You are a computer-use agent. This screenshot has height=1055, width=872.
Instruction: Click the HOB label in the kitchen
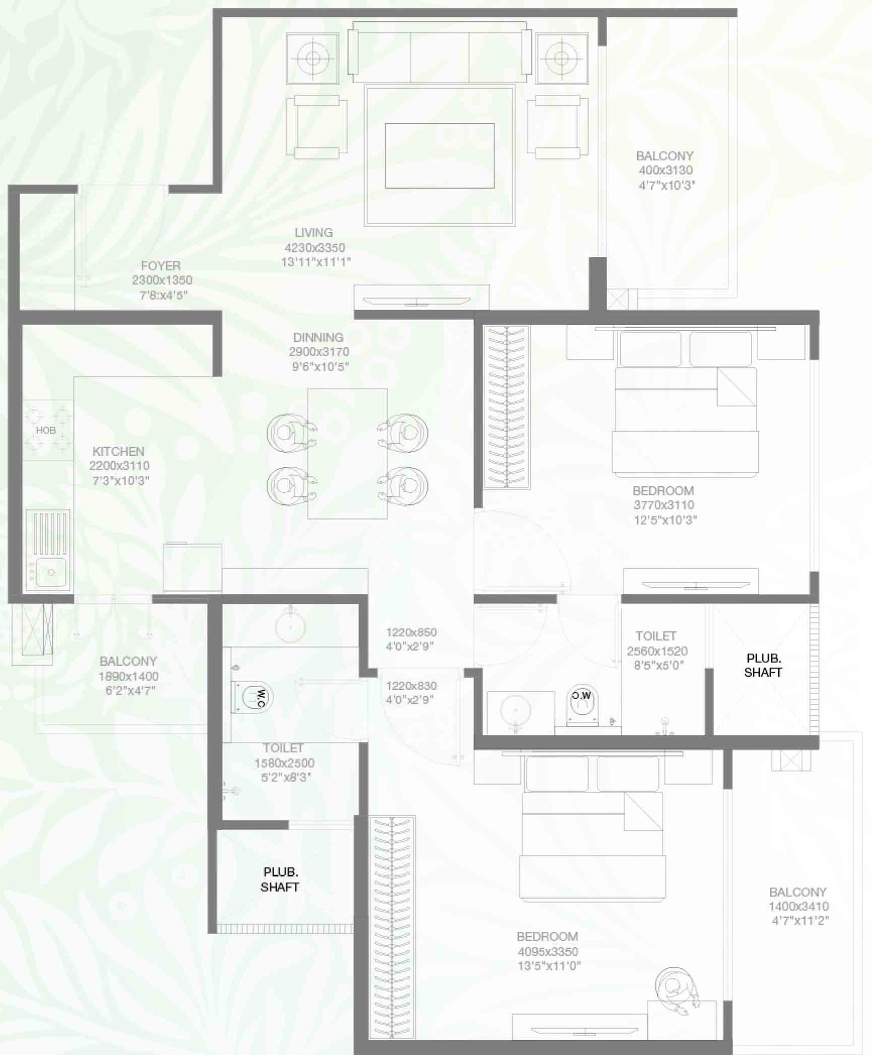click(46, 430)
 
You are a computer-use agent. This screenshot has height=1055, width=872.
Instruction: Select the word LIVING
click(313, 233)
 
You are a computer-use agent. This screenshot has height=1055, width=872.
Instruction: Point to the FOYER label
click(161, 266)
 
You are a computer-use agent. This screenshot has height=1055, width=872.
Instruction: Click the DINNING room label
click(318, 337)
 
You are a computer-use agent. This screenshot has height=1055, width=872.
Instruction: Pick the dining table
click(347, 454)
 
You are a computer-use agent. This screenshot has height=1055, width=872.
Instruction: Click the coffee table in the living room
click(440, 156)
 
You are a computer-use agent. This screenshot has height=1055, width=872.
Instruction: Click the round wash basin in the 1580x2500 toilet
click(290, 625)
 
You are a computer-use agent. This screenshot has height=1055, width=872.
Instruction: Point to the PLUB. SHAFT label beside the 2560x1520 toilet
click(763, 665)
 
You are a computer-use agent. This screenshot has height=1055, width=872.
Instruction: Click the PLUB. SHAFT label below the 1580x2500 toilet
click(280, 879)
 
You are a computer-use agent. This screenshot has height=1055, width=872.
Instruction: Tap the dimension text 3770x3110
click(664, 505)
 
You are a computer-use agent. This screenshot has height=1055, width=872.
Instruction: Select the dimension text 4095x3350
click(548, 951)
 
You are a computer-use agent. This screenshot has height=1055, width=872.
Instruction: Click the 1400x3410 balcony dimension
click(798, 906)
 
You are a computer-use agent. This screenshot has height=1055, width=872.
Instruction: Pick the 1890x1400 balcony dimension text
click(129, 676)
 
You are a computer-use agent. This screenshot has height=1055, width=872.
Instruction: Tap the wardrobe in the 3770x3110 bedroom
click(507, 407)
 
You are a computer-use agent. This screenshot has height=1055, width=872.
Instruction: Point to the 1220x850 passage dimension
click(411, 632)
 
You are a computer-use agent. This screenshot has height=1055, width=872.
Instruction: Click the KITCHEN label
click(118, 451)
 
